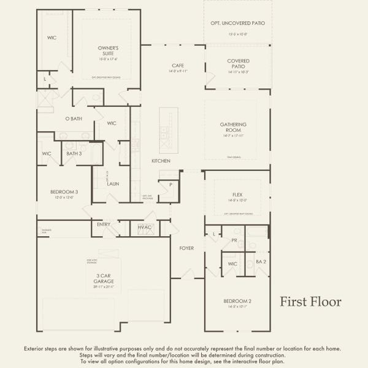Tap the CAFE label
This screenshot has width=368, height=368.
pos(178,65)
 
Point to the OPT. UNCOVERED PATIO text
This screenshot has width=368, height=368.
pos(238,23)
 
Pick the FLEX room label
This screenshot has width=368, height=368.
pos(238,194)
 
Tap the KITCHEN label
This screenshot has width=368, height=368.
pos(161,161)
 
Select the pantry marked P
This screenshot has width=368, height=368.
pos(170,184)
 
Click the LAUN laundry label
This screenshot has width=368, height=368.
pos(112,183)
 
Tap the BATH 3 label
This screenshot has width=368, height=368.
pos(74,153)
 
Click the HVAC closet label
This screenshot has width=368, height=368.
pos(145,228)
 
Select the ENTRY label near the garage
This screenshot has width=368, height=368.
pos(104,224)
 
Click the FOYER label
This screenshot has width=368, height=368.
pos(186,248)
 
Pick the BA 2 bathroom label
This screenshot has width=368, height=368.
pos(261,261)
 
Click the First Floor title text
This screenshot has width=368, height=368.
pos(311,302)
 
